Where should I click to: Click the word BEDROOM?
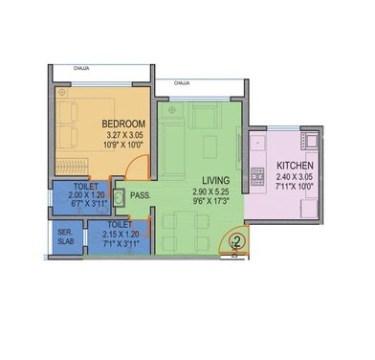124,124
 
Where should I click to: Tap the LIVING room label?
220,180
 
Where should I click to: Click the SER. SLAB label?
65,237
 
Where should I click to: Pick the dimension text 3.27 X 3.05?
124,136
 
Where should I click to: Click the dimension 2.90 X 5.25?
221,191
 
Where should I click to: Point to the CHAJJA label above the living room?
182,84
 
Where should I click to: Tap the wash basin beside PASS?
118,197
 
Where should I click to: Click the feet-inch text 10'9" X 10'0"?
124,146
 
